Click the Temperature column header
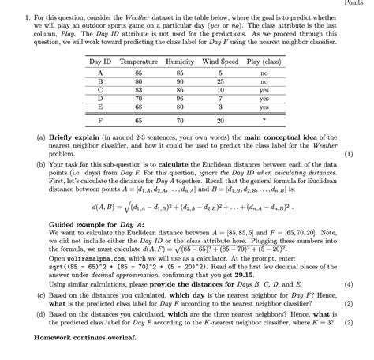coord(138,61)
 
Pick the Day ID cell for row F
coord(100,121)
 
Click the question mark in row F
coord(264,121)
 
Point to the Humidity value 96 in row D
coord(180,98)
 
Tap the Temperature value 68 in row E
coord(138,107)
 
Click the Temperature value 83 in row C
coord(138,89)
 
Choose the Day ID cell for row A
coord(100,72)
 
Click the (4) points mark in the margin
coord(361,282)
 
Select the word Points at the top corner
coord(361,3)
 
